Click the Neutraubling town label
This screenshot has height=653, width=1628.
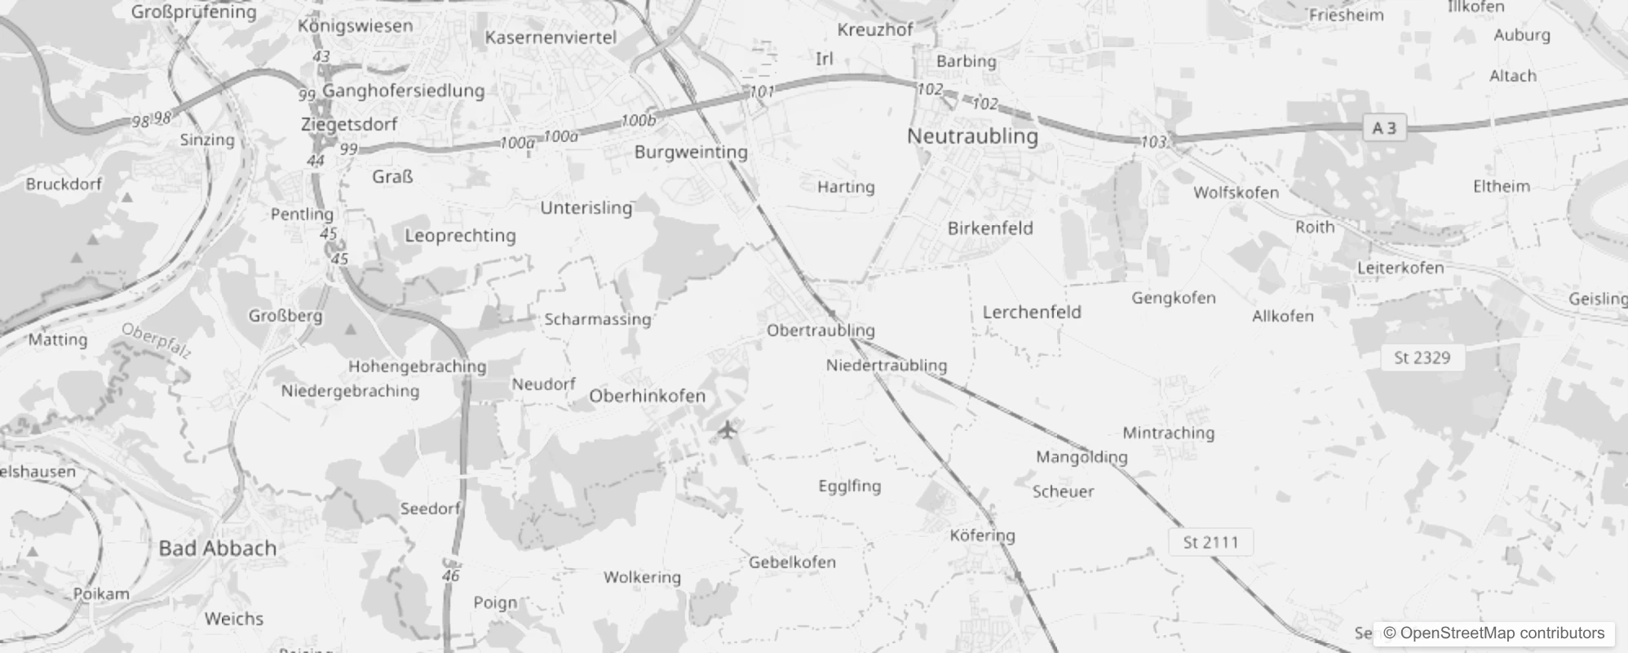point(972,136)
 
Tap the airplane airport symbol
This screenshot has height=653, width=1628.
point(728,429)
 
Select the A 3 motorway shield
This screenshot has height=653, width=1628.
point(1384,128)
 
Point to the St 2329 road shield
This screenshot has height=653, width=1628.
point(1422,358)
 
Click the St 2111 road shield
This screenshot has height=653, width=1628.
point(1210,542)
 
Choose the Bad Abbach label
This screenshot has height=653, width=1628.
point(217,549)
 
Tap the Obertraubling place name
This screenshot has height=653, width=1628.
point(821,331)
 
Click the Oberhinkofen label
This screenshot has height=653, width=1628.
point(647,396)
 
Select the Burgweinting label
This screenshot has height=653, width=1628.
point(691,152)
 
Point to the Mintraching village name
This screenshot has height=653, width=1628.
point(1168,433)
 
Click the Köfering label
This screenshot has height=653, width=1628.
point(982,535)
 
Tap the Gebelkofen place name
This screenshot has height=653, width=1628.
point(792,562)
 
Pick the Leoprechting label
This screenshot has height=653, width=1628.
point(460,236)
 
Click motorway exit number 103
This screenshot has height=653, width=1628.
point(1153,142)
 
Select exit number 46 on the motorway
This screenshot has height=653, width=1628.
point(451,575)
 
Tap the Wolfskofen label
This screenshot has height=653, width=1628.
point(1236,193)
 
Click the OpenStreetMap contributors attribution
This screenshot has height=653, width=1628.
point(1493,633)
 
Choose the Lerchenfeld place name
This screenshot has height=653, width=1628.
point(1032,313)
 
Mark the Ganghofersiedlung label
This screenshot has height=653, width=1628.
point(403,91)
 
